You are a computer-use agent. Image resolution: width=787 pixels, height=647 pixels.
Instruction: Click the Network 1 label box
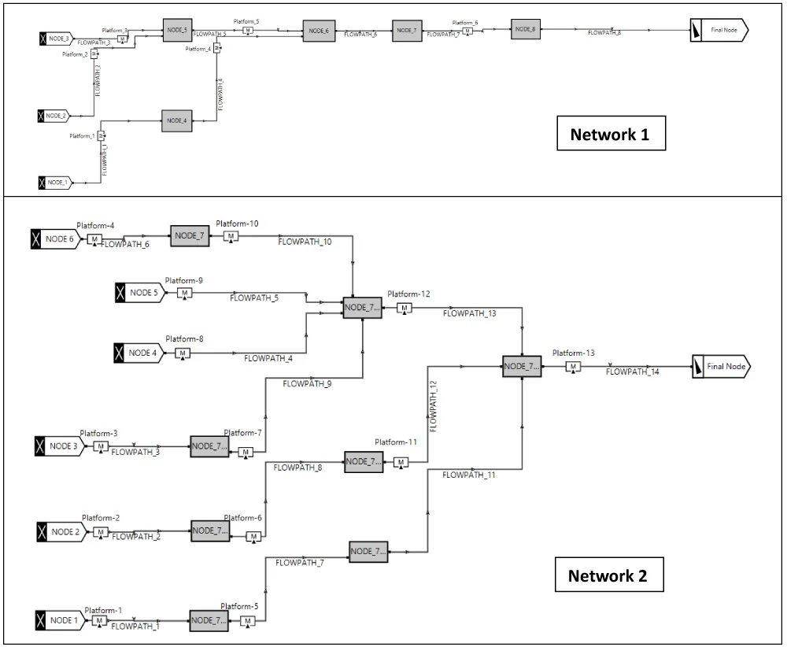pos(610,135)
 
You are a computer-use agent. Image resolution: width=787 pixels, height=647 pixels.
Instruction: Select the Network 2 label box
pos(608,576)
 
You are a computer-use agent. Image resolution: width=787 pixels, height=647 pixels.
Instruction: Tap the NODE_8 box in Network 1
pos(523,29)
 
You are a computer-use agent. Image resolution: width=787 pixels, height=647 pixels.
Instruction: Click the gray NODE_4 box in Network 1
pos(176,121)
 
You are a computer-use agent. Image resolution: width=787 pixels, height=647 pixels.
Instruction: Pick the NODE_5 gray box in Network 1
pos(176,30)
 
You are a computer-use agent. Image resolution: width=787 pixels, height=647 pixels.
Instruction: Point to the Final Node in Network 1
pos(719,30)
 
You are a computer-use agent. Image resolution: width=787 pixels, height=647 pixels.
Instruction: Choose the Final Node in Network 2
pos(721,366)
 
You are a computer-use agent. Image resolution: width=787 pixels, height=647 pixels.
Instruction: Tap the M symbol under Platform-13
pos(574,367)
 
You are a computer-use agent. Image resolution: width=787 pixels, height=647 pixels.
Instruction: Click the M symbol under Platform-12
pos(404,308)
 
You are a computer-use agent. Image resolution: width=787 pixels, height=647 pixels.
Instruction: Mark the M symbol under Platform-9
pos(184,293)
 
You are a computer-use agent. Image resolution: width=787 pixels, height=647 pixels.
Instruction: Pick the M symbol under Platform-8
pos(183,353)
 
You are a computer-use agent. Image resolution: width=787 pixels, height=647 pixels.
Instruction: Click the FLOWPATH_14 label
pos(633,372)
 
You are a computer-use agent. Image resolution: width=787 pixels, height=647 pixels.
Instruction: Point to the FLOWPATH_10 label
pos(305,242)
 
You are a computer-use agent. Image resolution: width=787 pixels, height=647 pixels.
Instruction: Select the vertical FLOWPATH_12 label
pos(433,405)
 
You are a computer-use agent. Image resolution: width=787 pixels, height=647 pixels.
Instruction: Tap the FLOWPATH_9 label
pos(307,384)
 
